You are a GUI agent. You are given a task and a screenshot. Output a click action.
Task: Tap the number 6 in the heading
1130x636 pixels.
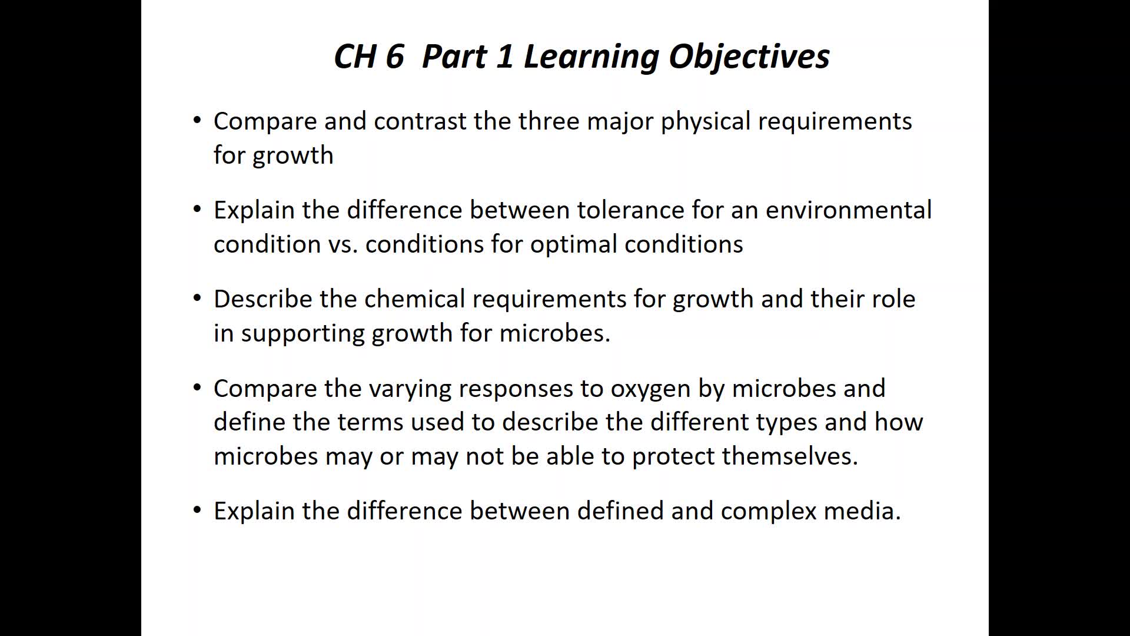pos(395,57)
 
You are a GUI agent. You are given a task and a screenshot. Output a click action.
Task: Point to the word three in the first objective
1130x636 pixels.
pos(549,121)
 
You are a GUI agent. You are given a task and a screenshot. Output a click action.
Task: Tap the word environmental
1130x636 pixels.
pos(849,210)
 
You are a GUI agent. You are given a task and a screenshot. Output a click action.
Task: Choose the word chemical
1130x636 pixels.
pos(415,299)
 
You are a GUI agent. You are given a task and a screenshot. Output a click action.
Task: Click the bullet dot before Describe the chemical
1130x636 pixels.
pos(197,298)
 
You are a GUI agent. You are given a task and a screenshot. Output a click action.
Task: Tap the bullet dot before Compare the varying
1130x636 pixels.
pos(197,387)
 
